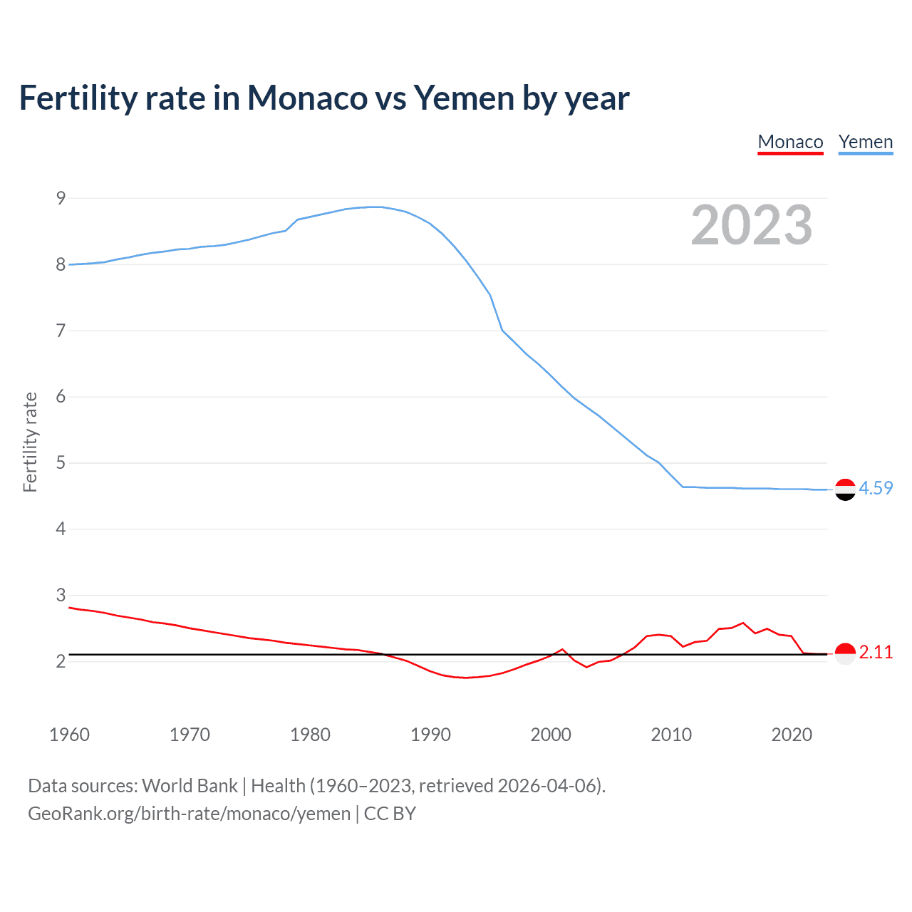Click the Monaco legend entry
point(790,142)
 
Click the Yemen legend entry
point(865,142)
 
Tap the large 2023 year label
point(751,225)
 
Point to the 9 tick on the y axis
point(61,198)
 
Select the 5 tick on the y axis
point(61,463)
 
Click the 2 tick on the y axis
point(61,661)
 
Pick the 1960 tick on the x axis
point(69,735)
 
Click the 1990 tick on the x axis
point(430,735)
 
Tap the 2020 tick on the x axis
point(792,735)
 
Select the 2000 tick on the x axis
point(551,735)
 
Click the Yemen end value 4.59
point(876,488)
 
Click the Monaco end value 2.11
point(876,652)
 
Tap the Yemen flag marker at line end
point(845,489)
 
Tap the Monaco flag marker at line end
point(845,653)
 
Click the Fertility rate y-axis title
point(30,442)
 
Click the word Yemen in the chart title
point(463,98)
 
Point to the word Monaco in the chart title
point(307,98)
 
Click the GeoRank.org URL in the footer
point(189,814)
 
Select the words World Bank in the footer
point(190,786)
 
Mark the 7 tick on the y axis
point(61,331)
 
